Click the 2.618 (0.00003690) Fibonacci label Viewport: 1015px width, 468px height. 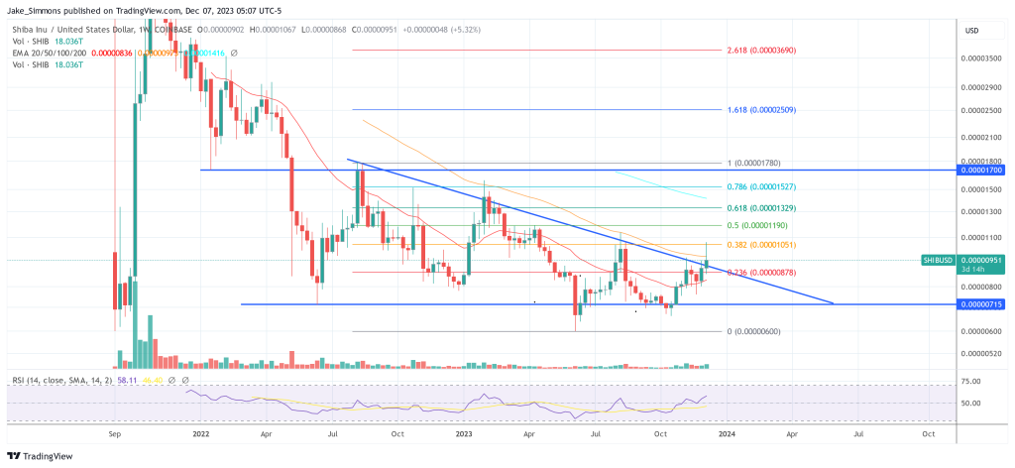pyautogui.click(x=761, y=50)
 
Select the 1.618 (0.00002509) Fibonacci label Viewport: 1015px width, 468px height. pyautogui.click(x=761, y=109)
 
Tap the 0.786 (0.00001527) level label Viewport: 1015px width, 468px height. pyautogui.click(x=761, y=186)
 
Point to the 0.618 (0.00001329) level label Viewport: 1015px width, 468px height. pyautogui.click(x=761, y=208)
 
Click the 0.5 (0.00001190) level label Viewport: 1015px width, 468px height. pyautogui.click(x=758, y=226)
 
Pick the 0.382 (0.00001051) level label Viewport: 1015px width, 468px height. pyautogui.click(x=761, y=245)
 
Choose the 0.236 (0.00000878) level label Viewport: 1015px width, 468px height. pyautogui.click(x=761, y=272)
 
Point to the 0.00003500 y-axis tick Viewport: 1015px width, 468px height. pyautogui.click(x=981, y=59)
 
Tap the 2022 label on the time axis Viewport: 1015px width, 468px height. pyautogui.click(x=201, y=433)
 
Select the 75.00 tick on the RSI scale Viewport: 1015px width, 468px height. pyautogui.click(x=972, y=381)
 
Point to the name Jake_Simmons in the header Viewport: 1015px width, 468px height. pyautogui.click(x=30, y=7)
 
